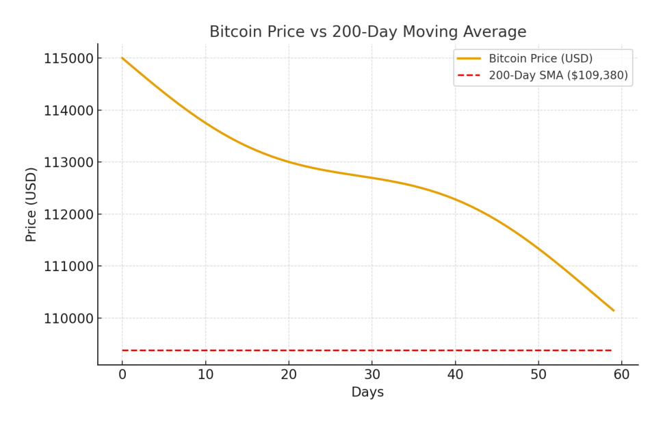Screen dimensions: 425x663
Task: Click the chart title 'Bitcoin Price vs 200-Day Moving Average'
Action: point(367,32)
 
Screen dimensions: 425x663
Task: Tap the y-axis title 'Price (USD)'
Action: point(31,204)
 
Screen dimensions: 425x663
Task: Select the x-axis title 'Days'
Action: point(367,393)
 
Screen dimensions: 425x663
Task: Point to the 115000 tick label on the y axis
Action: point(68,58)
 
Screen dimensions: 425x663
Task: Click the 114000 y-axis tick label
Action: point(68,110)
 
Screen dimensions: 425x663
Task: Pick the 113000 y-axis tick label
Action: point(68,162)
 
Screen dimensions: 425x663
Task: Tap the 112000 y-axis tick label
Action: point(68,214)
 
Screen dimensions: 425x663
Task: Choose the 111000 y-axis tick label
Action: point(68,266)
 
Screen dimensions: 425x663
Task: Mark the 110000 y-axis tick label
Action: point(68,318)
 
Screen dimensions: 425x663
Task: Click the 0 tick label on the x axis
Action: point(122,375)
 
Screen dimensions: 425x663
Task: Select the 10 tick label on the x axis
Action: point(205,375)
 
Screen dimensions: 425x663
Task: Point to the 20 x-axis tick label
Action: point(289,375)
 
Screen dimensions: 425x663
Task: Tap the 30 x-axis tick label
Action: point(372,375)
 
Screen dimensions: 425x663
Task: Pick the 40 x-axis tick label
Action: point(455,375)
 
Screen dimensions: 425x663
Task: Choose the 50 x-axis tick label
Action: point(538,375)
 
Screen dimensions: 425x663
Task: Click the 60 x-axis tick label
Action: point(621,375)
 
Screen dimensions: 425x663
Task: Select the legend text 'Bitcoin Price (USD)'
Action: point(541,59)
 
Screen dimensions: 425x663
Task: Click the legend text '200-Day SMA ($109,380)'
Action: point(558,75)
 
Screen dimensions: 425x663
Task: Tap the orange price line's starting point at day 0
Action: point(122,58)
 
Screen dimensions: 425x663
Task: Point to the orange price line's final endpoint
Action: point(613,311)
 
